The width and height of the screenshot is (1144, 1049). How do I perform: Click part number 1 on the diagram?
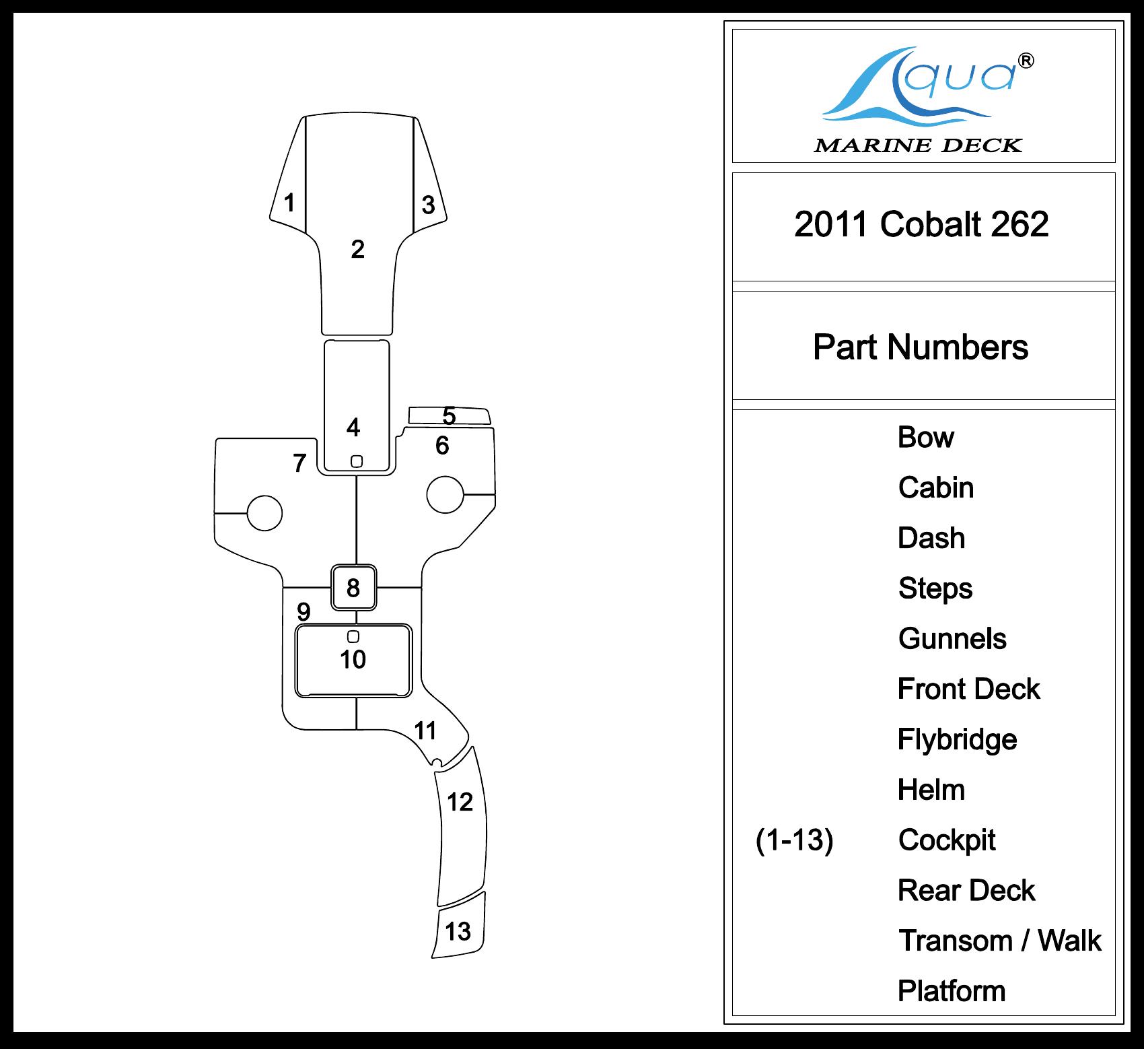click(289, 203)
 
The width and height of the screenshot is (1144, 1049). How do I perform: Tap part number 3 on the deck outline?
click(429, 205)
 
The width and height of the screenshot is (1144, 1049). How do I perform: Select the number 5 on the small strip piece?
click(449, 416)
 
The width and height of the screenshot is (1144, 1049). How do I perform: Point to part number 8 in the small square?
click(353, 588)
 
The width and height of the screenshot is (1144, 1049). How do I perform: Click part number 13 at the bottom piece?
click(458, 932)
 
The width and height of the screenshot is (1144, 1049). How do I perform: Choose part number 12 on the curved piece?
click(460, 802)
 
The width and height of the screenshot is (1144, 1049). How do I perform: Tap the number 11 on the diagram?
click(425, 731)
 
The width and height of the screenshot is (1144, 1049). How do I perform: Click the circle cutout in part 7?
click(264, 513)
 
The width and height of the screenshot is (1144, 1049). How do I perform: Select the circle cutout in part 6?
click(445, 494)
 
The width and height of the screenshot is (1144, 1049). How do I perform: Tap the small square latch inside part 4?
click(357, 461)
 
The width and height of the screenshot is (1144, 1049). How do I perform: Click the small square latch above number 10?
click(353, 636)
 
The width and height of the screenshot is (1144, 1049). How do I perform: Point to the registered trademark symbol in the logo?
click(1026, 61)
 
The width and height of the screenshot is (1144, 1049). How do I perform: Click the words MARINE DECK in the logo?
click(918, 145)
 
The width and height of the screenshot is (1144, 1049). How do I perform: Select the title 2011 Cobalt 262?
click(921, 224)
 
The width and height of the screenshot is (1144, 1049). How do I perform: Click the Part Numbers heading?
click(921, 347)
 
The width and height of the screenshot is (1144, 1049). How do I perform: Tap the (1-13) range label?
click(794, 840)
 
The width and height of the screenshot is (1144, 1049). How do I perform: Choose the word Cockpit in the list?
click(947, 840)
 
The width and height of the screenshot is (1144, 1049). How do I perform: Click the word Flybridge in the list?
click(957, 740)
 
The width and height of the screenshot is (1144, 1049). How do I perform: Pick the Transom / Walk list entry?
click(1000, 941)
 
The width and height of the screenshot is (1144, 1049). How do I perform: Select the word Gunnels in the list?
click(952, 639)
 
